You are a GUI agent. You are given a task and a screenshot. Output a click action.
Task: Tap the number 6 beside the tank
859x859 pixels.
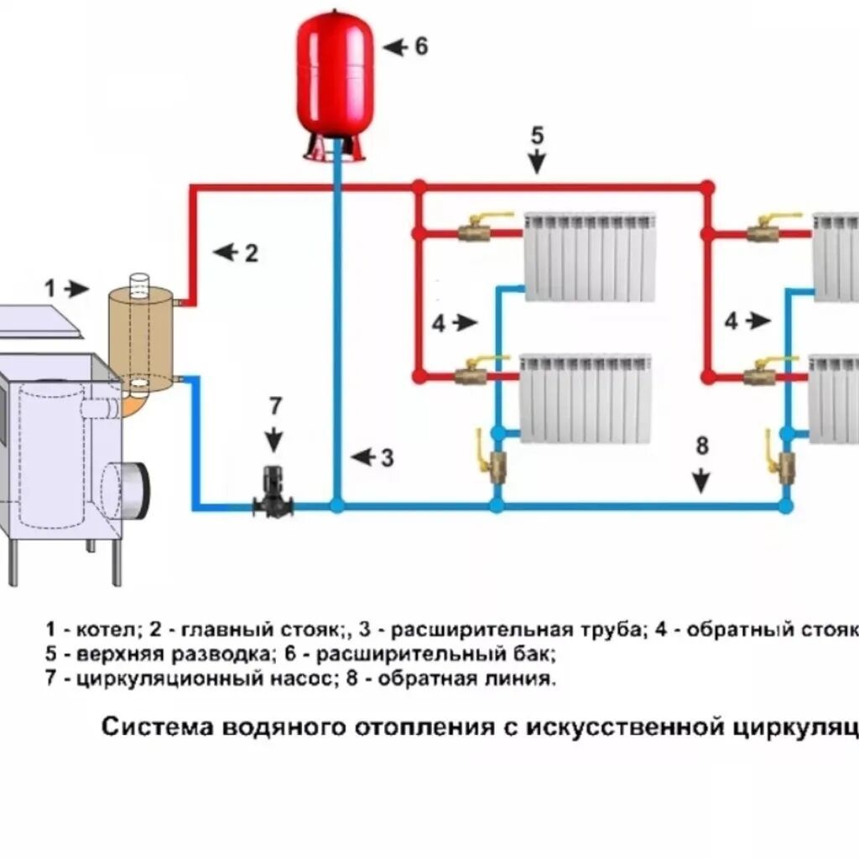[x=419, y=46]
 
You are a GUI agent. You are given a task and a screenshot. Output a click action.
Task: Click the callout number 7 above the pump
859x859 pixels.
[x=276, y=406]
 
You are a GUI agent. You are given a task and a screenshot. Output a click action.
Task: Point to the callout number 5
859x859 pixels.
[x=537, y=135]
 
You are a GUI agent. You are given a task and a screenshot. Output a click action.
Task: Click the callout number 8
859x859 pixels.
[x=701, y=445]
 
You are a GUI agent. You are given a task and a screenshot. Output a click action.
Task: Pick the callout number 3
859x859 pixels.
[x=386, y=458]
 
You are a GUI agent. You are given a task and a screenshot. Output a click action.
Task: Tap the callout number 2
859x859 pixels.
[x=250, y=252]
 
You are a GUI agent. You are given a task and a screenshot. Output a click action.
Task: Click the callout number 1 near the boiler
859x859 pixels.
[x=50, y=289]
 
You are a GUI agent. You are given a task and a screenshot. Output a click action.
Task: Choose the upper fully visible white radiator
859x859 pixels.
[x=589, y=257]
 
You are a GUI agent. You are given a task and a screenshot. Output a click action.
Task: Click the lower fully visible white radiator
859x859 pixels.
[x=586, y=398]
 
